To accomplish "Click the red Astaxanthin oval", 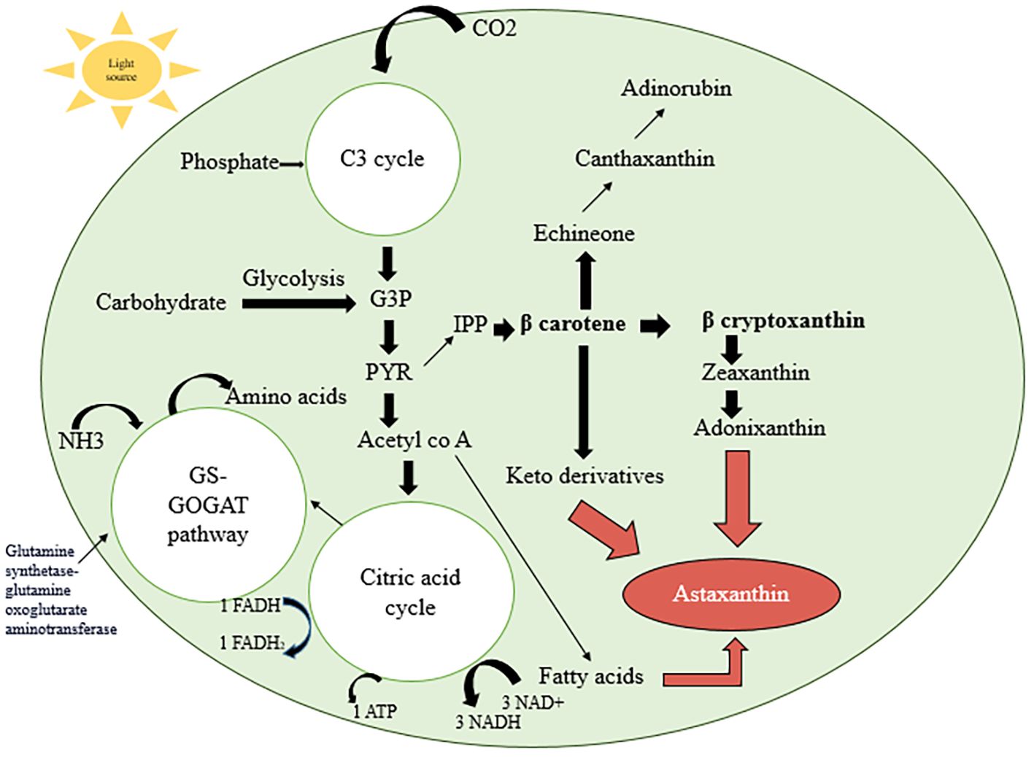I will pos(730,594).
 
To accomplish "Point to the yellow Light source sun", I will pos(121,70).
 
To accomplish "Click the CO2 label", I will pos(494,28).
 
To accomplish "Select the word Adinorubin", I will pos(676,88).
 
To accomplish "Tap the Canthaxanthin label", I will pos(644,158).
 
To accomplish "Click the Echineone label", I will pos(584,233).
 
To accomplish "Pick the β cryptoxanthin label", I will pos(783,321).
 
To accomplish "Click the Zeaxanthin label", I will pos(755,373).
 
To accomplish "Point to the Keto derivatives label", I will pos(584,476).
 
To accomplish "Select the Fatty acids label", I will pos(591,676).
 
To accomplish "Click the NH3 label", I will pos(81,440).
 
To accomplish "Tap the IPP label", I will pos(470,324).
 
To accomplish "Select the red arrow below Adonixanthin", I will pos(737,496).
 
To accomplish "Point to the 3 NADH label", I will pos(488,722).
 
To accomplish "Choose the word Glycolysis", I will pos(293,278).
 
